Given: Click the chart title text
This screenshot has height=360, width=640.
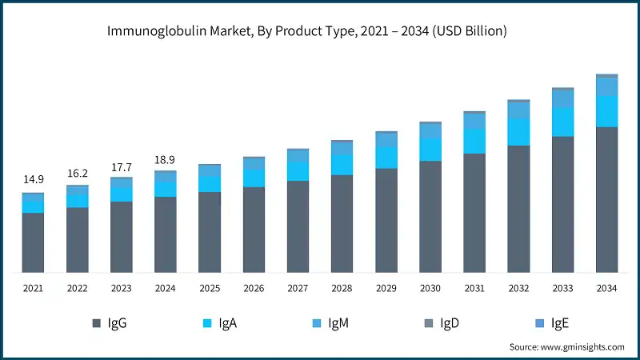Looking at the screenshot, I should click(320, 31).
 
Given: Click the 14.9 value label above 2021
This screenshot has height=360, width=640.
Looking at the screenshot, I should click(33, 179).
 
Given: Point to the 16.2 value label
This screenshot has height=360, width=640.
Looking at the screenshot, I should click(77, 172).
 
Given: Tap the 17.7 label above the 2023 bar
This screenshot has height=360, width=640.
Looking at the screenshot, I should click(122, 166).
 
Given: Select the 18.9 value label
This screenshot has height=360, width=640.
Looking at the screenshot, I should click(166, 160).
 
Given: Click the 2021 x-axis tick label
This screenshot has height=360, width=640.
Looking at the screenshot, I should click(33, 288).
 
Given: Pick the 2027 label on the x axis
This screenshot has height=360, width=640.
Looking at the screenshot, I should click(298, 288).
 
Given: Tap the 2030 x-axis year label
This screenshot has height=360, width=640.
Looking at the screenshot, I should click(430, 288).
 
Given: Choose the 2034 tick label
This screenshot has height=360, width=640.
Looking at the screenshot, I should click(606, 288).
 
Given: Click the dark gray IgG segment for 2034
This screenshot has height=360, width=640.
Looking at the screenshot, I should click(606, 199).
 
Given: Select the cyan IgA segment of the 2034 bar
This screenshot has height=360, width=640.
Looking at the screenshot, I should click(606, 111).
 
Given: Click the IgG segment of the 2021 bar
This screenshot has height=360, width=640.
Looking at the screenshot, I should click(33, 242).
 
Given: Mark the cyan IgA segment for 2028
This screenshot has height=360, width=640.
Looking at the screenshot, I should click(342, 164).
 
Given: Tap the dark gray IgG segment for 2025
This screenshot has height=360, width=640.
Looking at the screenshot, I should click(210, 232).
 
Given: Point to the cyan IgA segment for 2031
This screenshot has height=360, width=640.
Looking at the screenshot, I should click(474, 141).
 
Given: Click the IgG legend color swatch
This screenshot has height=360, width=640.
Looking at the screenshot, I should click(97, 322).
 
